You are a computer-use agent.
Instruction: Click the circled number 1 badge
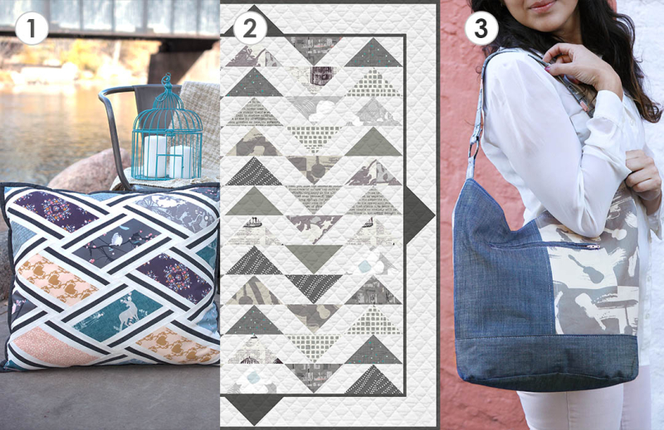(31, 29)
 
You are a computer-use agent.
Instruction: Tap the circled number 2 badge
(250, 29)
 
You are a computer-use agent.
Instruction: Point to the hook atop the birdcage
(167, 80)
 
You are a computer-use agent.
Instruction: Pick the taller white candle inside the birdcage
(154, 154)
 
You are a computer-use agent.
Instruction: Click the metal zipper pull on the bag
(594, 246)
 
